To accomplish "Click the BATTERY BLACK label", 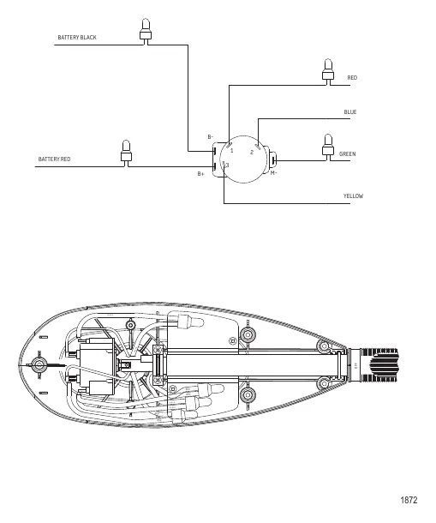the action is point(77,38).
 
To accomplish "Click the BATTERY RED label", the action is point(54,159).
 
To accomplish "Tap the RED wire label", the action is point(352,78).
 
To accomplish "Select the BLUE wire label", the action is point(350,112).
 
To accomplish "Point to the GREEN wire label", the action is point(347,154).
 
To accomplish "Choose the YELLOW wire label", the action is point(353,196).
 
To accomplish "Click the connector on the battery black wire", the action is point(146,32).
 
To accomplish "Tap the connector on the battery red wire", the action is point(126,153).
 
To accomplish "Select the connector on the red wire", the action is point(328,72).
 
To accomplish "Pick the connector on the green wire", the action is point(328,147).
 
